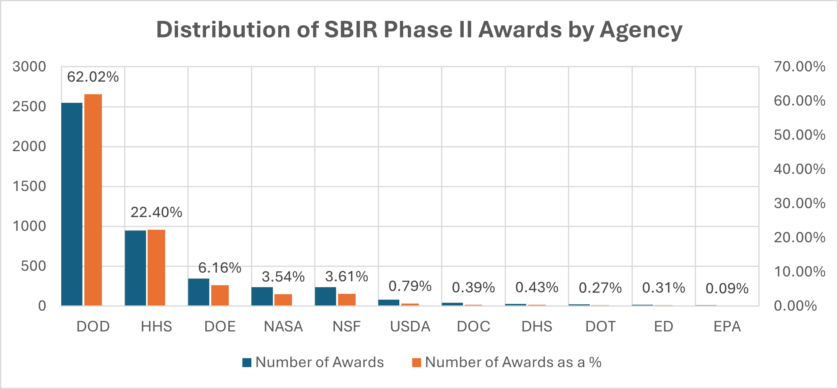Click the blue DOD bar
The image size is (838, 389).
click(72, 204)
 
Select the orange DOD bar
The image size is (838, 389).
click(93, 200)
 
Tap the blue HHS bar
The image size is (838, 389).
click(135, 268)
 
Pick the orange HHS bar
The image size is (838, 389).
click(156, 268)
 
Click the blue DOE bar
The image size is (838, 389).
click(199, 292)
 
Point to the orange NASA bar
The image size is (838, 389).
click(283, 300)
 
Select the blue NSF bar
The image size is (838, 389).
click(326, 296)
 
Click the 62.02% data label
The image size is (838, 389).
click(93, 77)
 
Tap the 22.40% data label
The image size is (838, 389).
click(156, 212)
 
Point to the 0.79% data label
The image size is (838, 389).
click(410, 286)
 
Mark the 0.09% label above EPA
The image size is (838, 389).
click(727, 289)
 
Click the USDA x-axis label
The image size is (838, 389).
click(410, 327)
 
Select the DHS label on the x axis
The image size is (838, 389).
click(537, 327)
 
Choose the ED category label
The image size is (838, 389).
click(664, 327)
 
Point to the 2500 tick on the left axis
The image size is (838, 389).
click(29, 107)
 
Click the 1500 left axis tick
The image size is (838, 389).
click(29, 186)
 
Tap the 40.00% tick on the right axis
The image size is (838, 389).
click(799, 169)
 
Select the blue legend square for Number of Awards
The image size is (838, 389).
click(247, 363)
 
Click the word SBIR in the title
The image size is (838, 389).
click(351, 30)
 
